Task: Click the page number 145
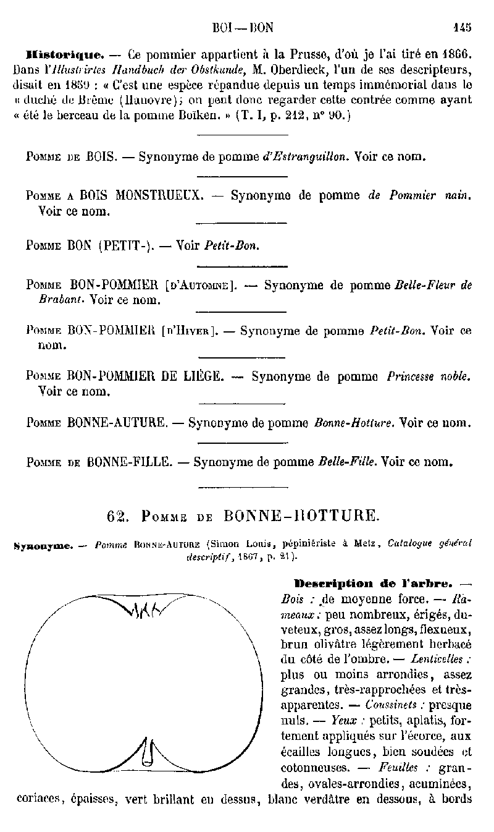click(x=461, y=27)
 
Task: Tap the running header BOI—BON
click(x=242, y=27)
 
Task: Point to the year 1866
click(x=454, y=53)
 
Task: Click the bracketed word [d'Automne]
click(x=202, y=286)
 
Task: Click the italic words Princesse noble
click(x=429, y=376)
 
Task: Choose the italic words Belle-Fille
click(x=347, y=461)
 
